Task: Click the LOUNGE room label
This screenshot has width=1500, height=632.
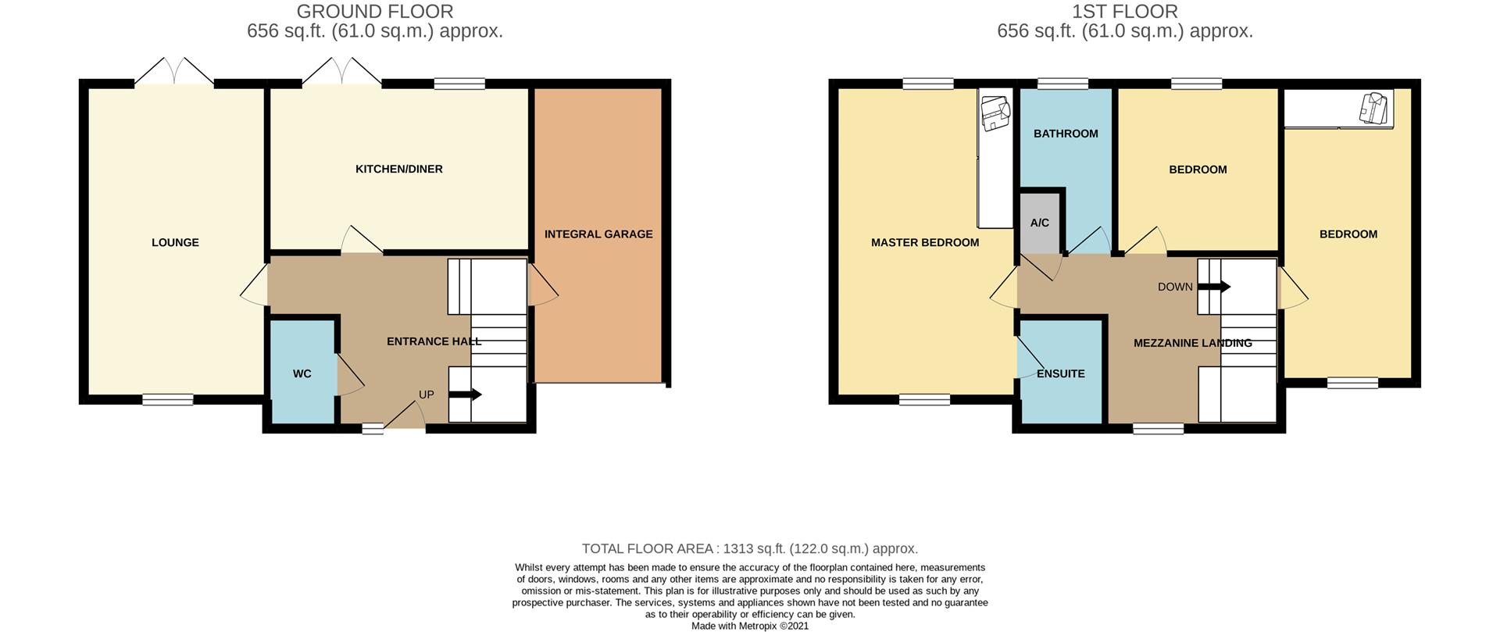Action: tap(175, 243)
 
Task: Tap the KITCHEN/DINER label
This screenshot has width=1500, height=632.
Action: tap(398, 170)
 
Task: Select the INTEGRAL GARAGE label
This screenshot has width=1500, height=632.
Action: tap(598, 234)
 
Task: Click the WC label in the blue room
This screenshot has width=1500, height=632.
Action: tap(302, 374)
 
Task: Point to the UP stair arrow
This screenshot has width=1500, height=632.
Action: tap(466, 395)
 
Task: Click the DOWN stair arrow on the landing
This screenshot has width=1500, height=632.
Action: tap(1215, 287)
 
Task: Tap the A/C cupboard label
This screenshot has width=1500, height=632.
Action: tap(1039, 223)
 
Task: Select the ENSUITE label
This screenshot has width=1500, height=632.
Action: tap(1060, 374)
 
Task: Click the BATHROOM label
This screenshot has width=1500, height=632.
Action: tap(1066, 134)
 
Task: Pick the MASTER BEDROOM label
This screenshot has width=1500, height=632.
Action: tap(924, 243)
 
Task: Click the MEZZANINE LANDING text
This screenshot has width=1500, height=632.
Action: tap(1192, 343)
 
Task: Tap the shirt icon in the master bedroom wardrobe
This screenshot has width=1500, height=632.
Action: tap(995, 112)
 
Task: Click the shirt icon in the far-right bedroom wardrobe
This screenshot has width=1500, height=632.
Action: tap(1376, 107)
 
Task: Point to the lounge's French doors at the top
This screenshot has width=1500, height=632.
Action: tap(174, 72)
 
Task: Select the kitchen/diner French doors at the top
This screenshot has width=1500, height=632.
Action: tap(341, 72)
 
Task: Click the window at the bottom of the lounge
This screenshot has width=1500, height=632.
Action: tap(168, 399)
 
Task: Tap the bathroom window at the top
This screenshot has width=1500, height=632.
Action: tap(1062, 84)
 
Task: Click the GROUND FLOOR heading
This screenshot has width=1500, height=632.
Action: tap(375, 12)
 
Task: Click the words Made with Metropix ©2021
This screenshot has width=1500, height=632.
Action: tap(750, 626)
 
